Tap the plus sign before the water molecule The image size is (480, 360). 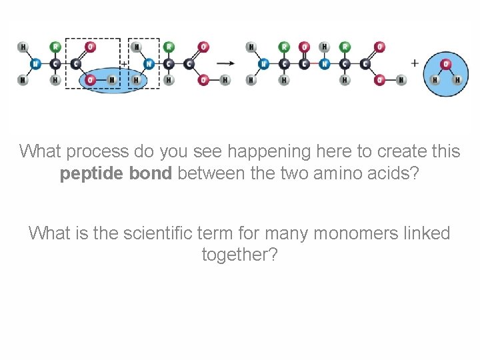coord(415,63)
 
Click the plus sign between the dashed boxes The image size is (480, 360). coord(124,63)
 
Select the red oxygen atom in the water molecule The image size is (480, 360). coord(447,64)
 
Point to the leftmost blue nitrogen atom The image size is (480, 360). coord(35,64)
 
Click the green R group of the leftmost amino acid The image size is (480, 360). coord(55,47)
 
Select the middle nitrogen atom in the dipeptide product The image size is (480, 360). coord(324,64)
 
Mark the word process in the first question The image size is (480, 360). coord(87,152)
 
